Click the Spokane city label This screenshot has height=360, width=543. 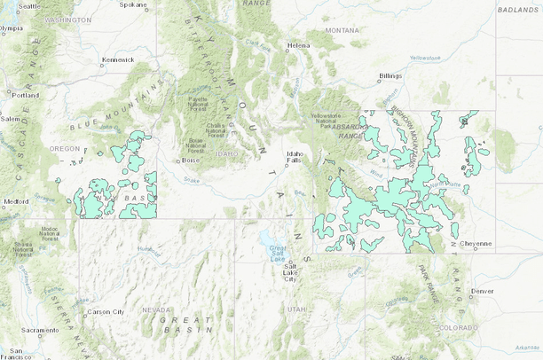(133, 5)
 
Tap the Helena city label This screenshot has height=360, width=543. (297, 45)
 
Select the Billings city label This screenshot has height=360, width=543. (390, 76)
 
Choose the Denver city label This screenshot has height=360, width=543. (483, 291)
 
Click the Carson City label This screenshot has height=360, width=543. (105, 311)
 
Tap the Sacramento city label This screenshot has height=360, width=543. (40, 331)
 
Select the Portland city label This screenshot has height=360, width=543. (26, 94)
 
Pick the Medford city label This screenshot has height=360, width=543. (16, 201)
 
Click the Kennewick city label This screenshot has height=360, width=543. (117, 59)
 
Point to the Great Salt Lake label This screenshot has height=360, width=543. (278, 254)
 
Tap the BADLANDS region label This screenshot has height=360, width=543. (518, 10)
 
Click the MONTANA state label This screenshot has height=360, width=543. (342, 30)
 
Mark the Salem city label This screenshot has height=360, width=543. (10, 119)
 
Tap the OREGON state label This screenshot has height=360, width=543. (64, 148)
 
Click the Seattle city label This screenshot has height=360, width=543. (29, 5)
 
